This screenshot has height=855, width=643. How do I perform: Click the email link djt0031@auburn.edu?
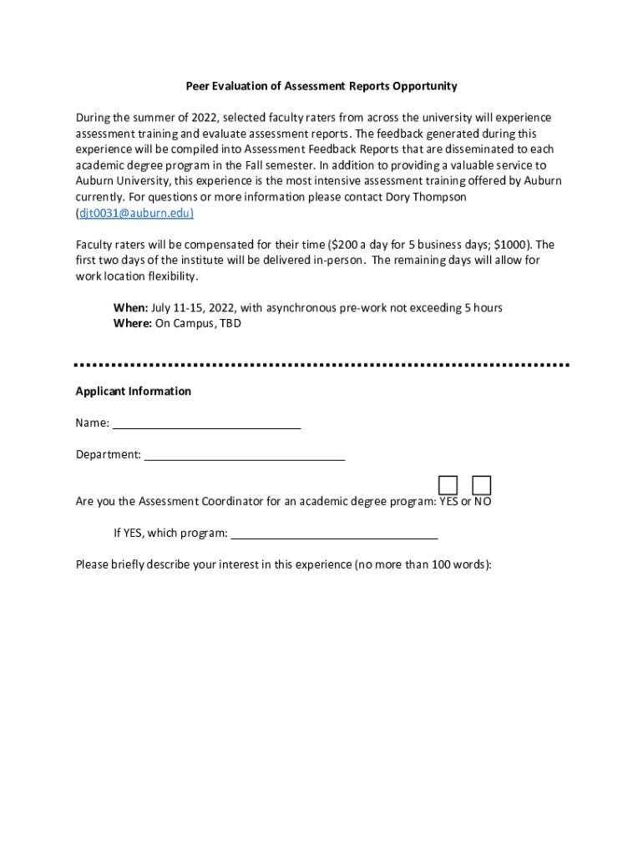click(x=134, y=213)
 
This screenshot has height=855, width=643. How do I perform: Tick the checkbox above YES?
click(x=448, y=485)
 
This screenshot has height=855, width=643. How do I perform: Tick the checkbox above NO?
click(x=481, y=485)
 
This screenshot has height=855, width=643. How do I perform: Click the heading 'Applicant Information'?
click(x=134, y=392)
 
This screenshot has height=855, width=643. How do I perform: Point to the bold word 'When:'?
click(x=131, y=308)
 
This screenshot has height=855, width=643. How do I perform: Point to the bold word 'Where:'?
click(x=133, y=324)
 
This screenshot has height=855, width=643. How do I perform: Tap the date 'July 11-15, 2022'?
click(x=193, y=308)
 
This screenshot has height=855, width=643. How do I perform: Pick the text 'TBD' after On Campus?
click(x=230, y=324)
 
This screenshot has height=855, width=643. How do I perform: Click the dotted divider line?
click(x=321, y=365)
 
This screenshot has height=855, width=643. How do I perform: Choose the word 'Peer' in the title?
click(x=198, y=86)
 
